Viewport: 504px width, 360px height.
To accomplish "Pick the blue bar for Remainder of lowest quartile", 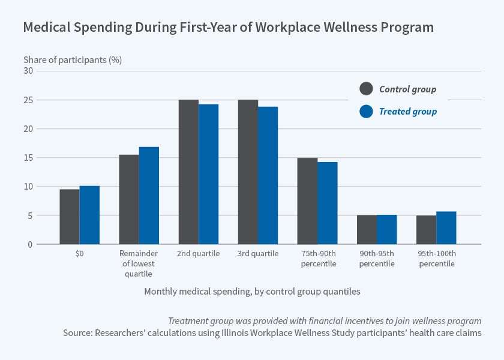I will tap(149, 196).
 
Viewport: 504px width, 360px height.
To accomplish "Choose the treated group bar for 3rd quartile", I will tap(268, 176).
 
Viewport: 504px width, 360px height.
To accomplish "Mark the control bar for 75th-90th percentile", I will tap(307, 201).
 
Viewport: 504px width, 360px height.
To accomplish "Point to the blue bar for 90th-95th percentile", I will tap(386, 230).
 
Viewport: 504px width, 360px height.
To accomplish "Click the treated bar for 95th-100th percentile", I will tap(446, 228).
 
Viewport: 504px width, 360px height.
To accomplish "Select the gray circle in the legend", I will tap(366, 89).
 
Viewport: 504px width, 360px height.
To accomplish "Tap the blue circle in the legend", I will tap(366, 112).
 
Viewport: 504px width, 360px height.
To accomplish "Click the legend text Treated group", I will tap(407, 112).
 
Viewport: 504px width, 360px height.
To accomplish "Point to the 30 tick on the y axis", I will tap(28, 71).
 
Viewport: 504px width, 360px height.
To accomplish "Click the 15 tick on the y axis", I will tap(28, 158).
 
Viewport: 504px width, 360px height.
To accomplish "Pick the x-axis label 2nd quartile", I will tap(199, 254).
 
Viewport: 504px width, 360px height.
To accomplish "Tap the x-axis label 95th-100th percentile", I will tap(436, 259).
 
